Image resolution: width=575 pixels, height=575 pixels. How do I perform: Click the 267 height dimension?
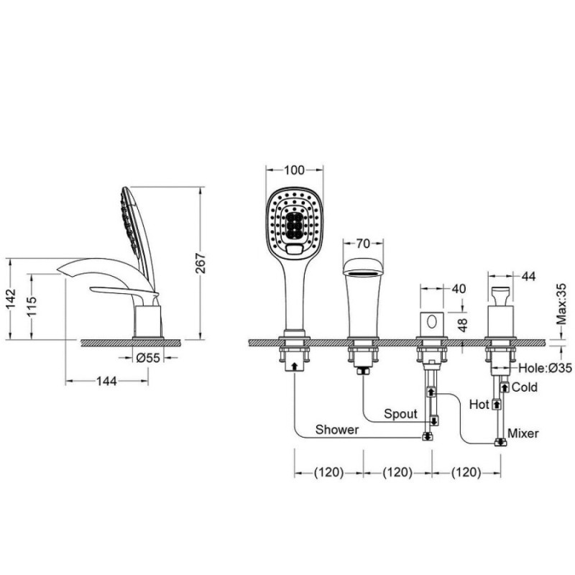(201, 262)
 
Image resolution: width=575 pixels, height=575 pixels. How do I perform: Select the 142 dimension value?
(11, 299)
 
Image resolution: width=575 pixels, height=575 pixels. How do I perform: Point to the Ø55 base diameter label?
(148, 357)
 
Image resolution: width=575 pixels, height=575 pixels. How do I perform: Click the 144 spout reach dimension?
(106, 381)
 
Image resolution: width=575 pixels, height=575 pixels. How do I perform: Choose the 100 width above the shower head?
(294, 170)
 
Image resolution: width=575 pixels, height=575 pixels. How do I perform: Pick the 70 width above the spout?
(363, 244)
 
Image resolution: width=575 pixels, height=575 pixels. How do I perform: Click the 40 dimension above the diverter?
(459, 289)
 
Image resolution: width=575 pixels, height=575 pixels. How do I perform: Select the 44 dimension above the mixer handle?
(528, 276)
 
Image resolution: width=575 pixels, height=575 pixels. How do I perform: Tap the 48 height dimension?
(463, 325)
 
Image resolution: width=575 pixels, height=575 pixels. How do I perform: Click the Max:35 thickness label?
(561, 304)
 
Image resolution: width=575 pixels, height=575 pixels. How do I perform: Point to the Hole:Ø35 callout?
(545, 368)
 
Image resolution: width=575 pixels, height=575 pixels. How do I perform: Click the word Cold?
(525, 387)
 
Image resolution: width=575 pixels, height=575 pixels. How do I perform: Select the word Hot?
(479, 405)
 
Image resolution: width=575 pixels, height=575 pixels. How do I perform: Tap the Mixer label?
(523, 433)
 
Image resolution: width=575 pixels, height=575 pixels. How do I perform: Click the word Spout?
(400, 414)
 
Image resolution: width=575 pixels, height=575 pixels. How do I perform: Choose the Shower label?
(337, 429)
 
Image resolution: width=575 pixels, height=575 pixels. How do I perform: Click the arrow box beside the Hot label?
(497, 404)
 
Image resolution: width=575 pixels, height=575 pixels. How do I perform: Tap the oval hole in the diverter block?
(432, 322)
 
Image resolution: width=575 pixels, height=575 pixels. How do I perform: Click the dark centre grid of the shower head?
(294, 224)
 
